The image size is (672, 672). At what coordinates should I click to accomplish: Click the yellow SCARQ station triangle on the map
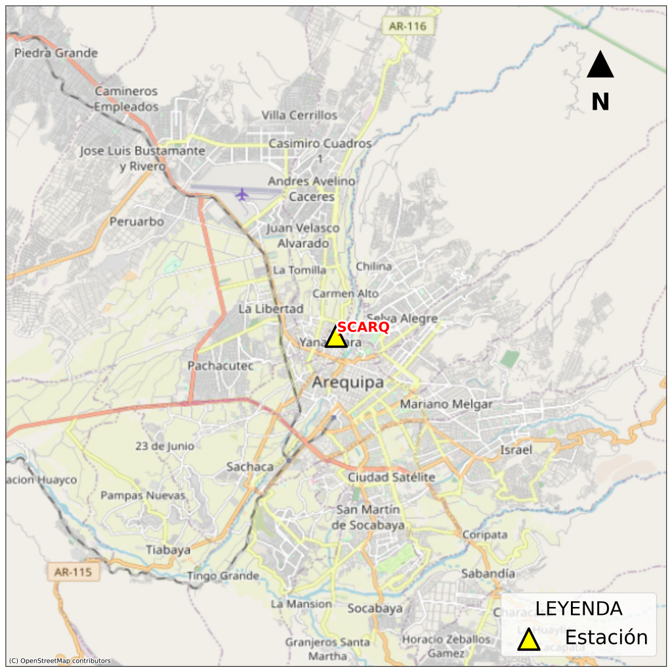click(336, 338)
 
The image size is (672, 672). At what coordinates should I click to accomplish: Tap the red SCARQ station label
click(364, 327)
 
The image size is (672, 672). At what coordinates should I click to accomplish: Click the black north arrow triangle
click(600, 66)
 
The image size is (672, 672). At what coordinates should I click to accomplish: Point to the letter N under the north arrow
click(600, 102)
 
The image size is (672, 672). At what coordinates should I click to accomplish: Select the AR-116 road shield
click(408, 26)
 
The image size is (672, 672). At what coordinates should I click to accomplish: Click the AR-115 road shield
click(73, 572)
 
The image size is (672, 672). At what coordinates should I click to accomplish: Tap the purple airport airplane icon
click(243, 194)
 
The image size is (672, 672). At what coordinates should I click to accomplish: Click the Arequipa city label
click(348, 383)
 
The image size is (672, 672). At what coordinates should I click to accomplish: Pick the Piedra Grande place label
click(56, 53)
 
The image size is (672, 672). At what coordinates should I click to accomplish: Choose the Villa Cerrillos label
click(299, 115)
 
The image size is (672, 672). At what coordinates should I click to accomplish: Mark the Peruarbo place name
click(136, 222)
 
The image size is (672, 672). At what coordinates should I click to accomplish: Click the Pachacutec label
click(220, 366)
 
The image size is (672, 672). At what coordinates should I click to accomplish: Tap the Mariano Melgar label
click(446, 404)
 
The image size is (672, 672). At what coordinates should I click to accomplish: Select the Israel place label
click(516, 450)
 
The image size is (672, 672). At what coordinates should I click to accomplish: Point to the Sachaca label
click(250, 467)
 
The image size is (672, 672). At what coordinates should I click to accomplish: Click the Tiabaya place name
click(168, 550)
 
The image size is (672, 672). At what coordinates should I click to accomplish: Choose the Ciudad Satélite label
click(391, 477)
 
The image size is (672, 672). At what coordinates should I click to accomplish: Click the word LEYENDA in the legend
click(578, 608)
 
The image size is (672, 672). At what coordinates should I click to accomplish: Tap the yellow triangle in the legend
click(528, 640)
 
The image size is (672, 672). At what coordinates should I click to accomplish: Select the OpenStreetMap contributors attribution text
click(60, 661)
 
